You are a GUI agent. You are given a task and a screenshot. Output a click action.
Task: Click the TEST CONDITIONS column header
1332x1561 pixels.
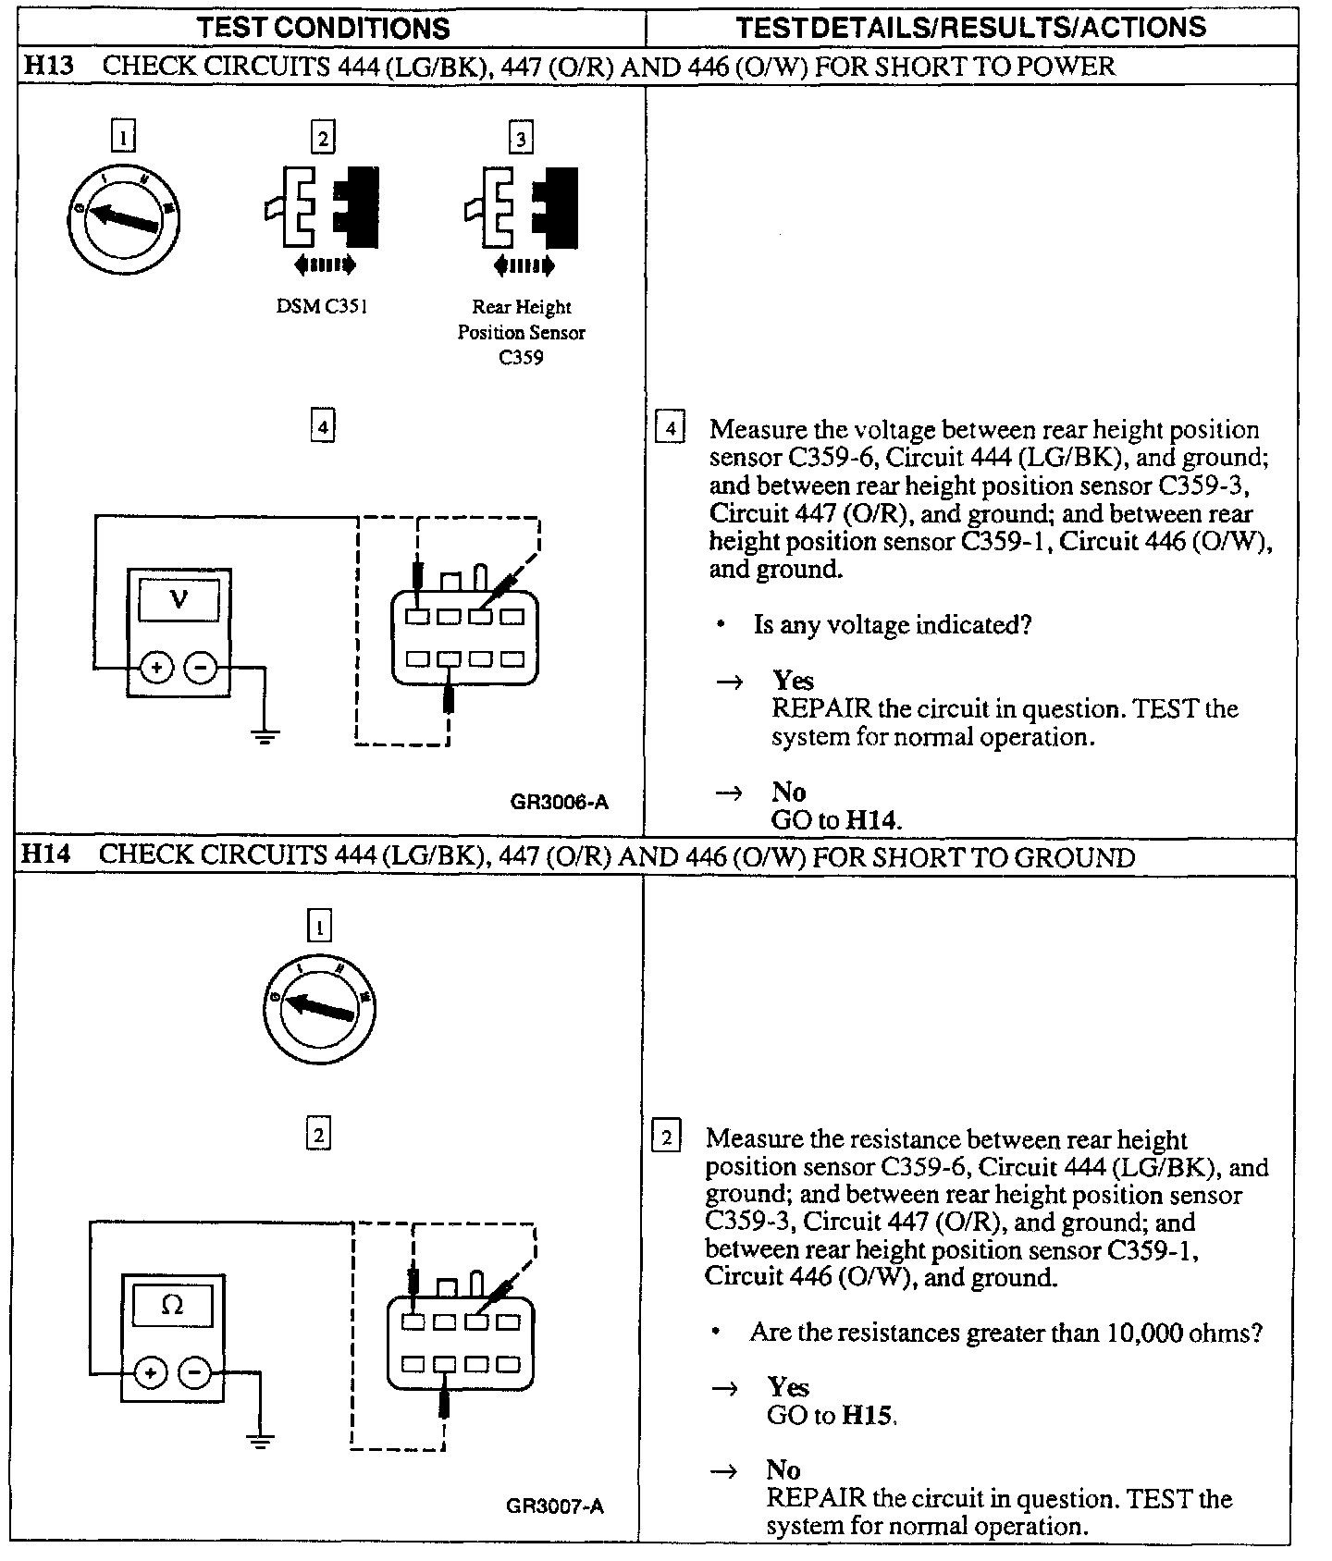[324, 27]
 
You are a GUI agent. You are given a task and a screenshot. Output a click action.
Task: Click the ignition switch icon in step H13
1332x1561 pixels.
[124, 218]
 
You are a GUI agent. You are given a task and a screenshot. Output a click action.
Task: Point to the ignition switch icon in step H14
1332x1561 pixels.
[319, 1007]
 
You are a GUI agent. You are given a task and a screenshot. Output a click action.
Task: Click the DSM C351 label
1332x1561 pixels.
[322, 307]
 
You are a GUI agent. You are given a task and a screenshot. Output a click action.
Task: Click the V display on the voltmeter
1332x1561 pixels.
[179, 598]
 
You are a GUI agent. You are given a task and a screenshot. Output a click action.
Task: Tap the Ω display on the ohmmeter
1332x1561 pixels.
[173, 1305]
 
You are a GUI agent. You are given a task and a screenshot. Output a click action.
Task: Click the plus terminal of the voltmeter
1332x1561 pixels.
[156, 667]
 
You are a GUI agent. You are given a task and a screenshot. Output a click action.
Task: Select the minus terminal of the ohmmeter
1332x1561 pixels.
[194, 1373]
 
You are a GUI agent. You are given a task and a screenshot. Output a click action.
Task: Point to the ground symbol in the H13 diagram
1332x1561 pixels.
[265, 736]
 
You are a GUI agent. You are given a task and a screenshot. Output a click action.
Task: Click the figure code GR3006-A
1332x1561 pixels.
[559, 802]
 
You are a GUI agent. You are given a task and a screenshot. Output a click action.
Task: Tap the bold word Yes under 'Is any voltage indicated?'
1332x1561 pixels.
[794, 681]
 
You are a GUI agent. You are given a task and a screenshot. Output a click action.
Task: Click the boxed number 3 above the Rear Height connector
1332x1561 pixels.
[521, 139]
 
